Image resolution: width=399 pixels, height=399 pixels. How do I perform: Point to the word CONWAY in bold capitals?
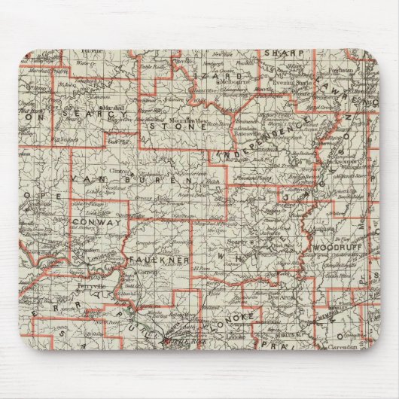click(x=96, y=223)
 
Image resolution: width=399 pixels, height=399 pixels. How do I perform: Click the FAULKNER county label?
click(x=158, y=259)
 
